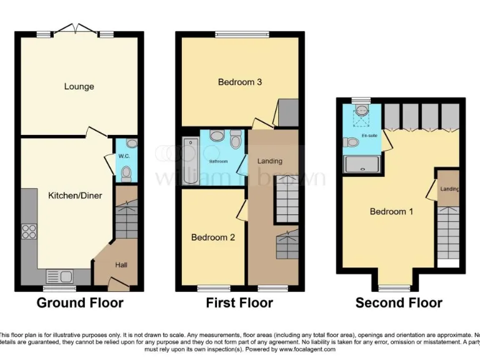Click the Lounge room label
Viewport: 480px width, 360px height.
tap(79, 86)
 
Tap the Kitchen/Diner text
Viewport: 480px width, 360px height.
tap(75, 196)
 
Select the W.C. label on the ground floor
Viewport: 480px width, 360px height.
tap(124, 157)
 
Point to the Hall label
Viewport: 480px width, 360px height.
tap(121, 265)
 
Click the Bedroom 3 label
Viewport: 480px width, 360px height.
tap(239, 82)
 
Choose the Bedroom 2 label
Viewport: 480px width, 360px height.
tap(213, 237)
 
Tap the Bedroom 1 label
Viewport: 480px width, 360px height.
tap(391, 211)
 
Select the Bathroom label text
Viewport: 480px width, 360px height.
tap(218, 161)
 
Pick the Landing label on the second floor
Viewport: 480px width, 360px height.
tap(449, 189)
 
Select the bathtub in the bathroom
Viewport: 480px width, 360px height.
tap(190, 161)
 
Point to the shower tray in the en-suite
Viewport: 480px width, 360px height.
tap(362, 164)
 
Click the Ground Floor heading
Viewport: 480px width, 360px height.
tap(80, 303)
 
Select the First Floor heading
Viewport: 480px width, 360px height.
tap(239, 303)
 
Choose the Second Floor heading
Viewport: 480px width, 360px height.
tap(399, 303)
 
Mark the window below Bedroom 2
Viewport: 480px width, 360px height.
tap(212, 288)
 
